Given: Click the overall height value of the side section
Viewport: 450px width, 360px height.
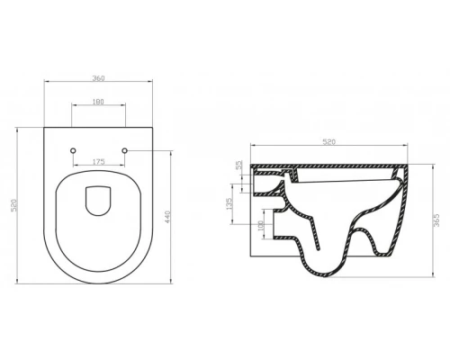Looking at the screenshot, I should (x=436, y=221).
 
